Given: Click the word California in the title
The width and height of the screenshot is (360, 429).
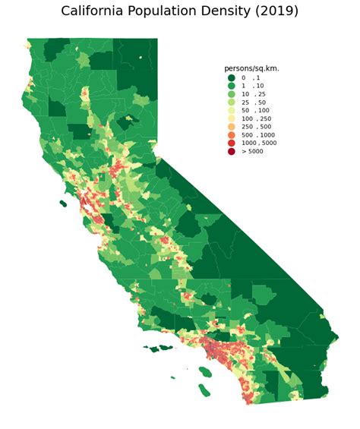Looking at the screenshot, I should click(95, 11).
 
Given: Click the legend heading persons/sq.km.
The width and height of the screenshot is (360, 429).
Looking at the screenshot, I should click(251, 68).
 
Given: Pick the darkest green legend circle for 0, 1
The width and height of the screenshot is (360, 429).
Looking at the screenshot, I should click(231, 77).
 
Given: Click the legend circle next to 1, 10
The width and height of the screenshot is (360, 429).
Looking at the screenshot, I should click(231, 86).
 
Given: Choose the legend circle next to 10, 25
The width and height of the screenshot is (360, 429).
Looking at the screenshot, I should click(231, 94).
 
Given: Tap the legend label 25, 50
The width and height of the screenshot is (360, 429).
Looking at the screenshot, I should click(254, 103).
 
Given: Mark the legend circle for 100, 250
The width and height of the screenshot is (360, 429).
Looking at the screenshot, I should click(231, 118).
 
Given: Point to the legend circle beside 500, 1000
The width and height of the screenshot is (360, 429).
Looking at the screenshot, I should click(231, 135).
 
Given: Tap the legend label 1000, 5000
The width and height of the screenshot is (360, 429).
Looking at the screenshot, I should click(258, 143).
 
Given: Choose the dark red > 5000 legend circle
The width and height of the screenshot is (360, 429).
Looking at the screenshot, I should click(231, 151).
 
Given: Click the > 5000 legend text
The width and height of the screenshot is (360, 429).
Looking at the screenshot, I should click(252, 151).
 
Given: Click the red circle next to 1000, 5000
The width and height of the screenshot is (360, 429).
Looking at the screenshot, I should click(231, 143).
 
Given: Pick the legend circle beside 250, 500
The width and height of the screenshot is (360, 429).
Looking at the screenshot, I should click(231, 127).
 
